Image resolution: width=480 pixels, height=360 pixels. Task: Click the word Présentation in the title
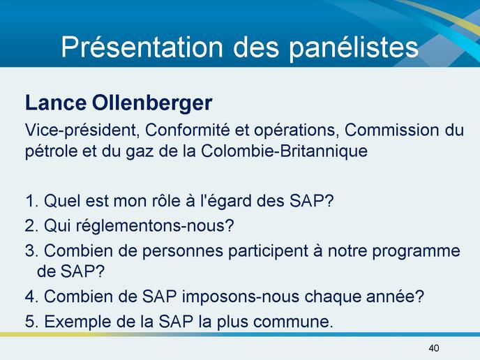(x=142, y=47)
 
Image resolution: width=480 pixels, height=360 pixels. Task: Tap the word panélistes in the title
(x=354, y=47)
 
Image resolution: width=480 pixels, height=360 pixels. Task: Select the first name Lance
(x=55, y=103)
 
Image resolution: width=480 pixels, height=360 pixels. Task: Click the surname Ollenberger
(x=152, y=103)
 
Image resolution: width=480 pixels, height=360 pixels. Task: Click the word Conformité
(x=188, y=130)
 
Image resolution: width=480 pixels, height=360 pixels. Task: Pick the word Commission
(x=391, y=130)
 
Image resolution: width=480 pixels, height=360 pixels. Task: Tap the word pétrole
(x=51, y=151)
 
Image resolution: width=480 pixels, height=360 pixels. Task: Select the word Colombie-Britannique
(x=284, y=151)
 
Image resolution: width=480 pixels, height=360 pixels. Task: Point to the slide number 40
(x=434, y=348)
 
